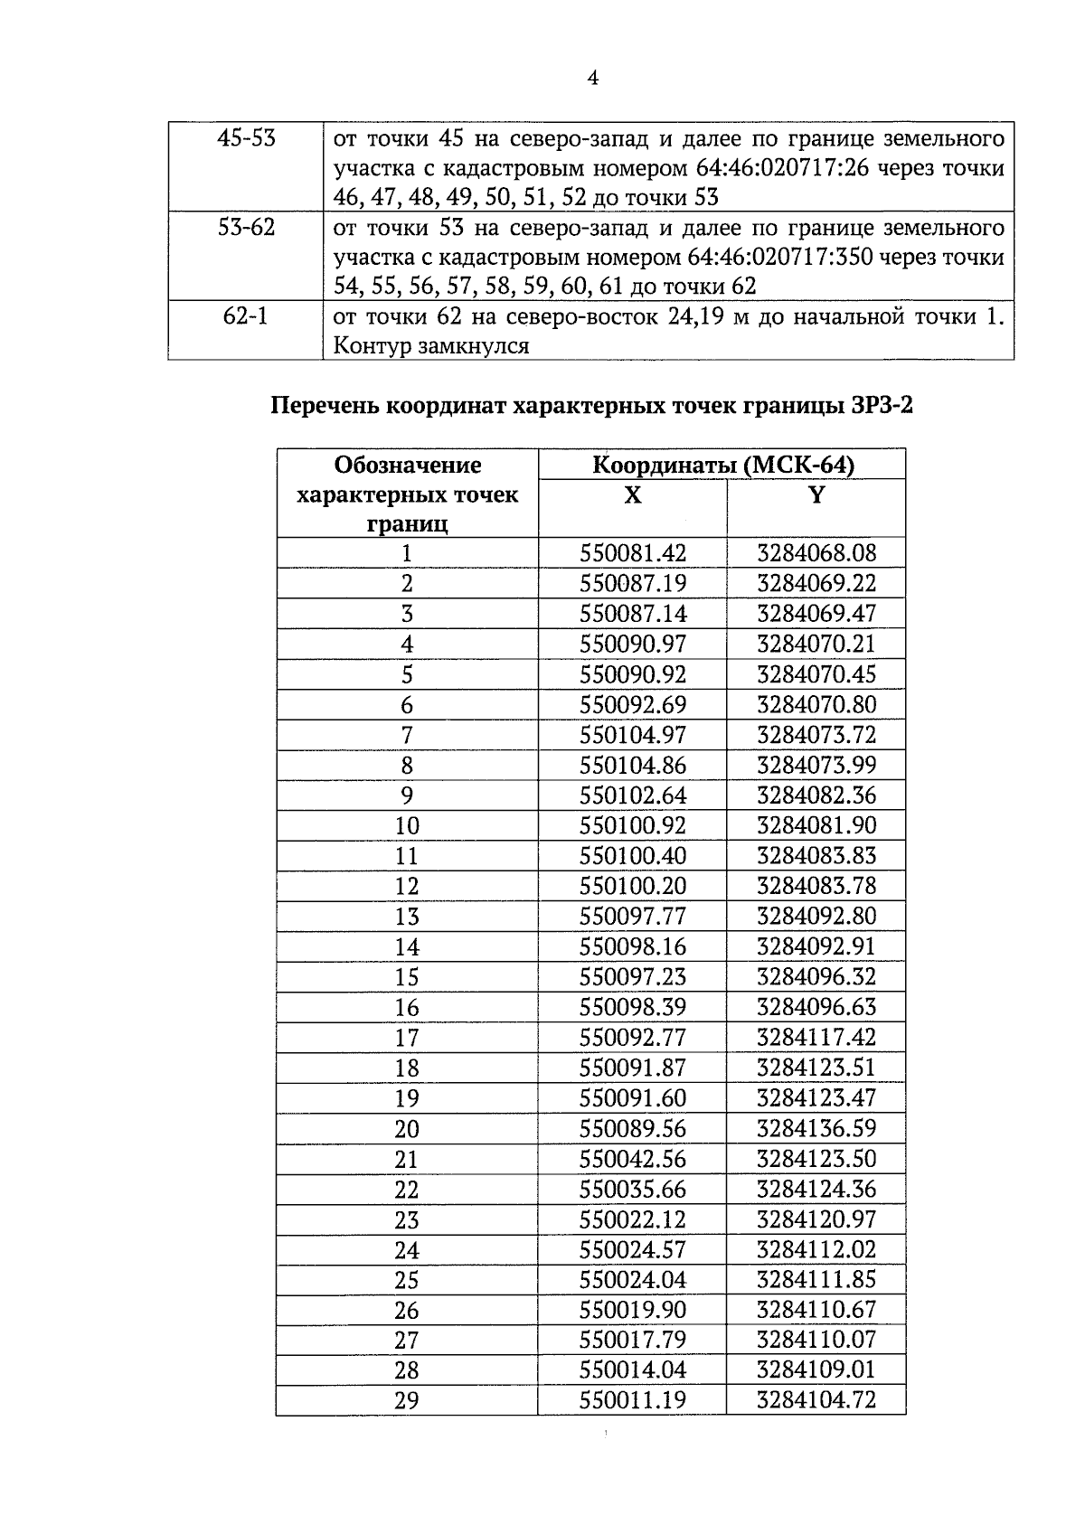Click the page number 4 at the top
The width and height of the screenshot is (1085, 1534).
592,78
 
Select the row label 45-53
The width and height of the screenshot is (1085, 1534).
246,138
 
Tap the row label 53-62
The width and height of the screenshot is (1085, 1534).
246,227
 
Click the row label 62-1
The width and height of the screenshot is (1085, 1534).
245,316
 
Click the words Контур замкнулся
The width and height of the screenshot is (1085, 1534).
430,345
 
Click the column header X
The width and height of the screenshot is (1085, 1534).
632,495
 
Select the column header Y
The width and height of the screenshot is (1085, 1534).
816,495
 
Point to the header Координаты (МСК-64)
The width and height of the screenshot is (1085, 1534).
722,465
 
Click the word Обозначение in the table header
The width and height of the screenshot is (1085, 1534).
407,465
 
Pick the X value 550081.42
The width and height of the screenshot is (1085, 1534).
632,553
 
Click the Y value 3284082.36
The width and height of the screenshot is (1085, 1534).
816,795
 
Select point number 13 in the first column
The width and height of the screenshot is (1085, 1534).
407,917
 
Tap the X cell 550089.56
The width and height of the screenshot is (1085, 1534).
632,1128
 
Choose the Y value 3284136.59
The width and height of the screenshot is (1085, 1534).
816,1128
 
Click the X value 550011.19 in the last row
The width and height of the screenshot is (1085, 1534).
632,1400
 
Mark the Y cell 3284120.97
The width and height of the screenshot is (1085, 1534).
816,1219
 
